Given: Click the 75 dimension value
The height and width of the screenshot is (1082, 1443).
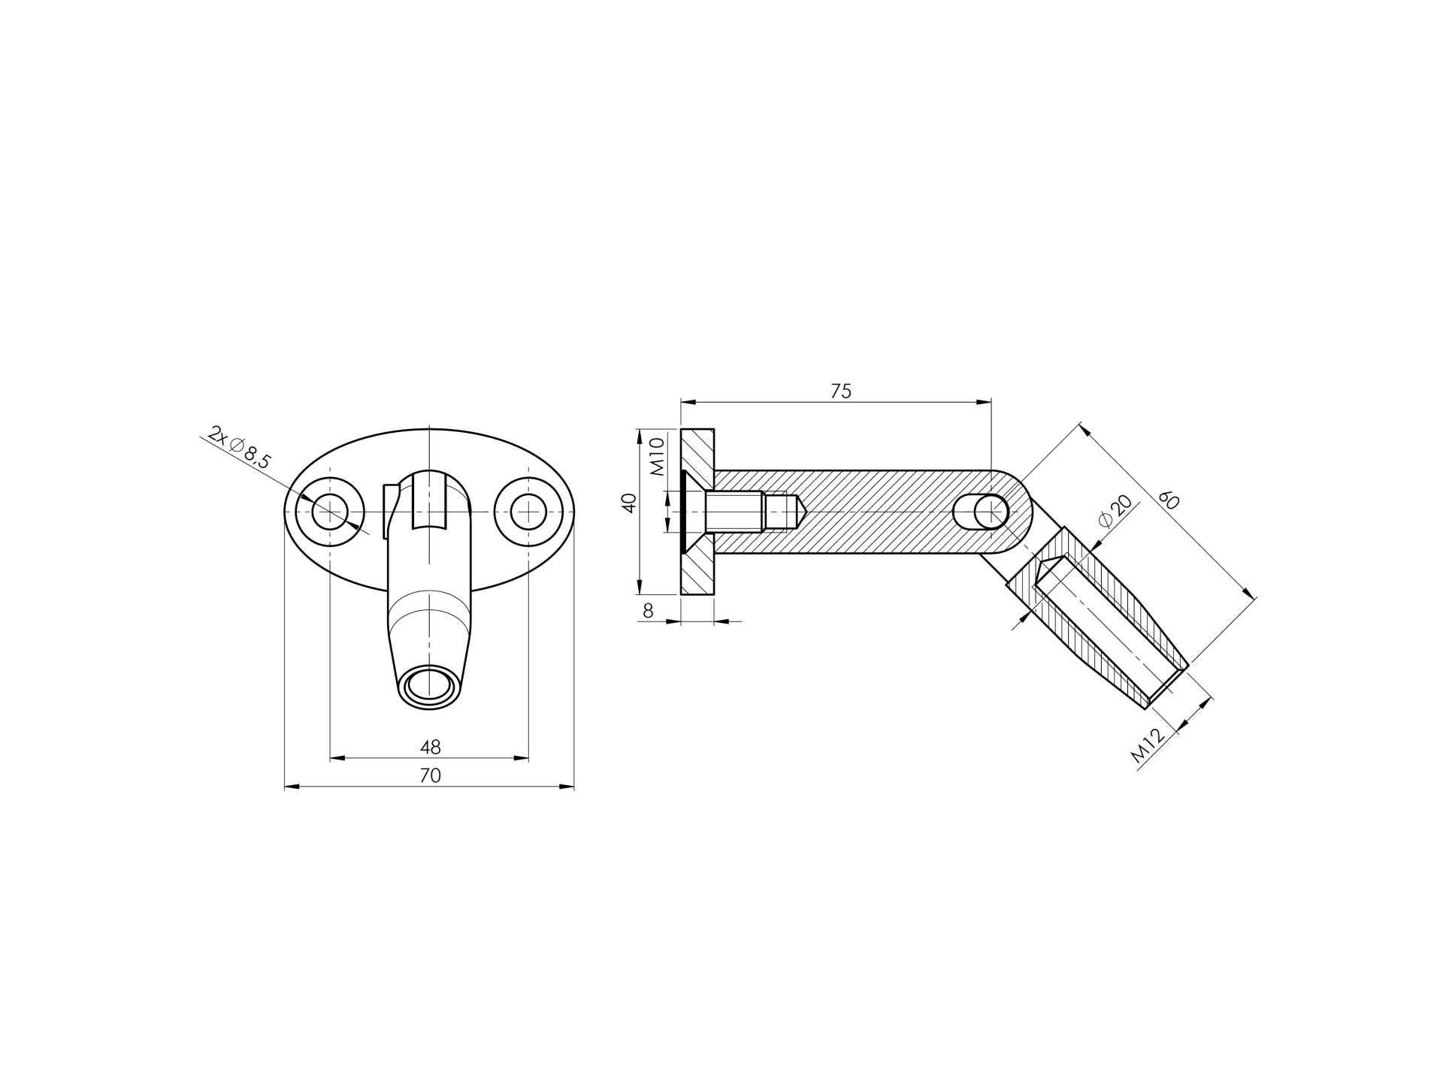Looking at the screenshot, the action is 841,391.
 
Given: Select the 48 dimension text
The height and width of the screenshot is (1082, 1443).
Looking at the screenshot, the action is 430,748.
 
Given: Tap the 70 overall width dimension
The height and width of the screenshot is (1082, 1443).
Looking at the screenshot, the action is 430,775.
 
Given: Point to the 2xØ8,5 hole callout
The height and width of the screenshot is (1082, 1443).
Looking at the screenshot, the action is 239,448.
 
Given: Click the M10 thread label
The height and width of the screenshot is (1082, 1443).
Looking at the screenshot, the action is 656,458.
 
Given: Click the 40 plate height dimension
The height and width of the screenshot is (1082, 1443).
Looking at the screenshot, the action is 631,503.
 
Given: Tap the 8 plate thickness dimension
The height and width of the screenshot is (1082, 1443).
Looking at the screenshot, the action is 648,612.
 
